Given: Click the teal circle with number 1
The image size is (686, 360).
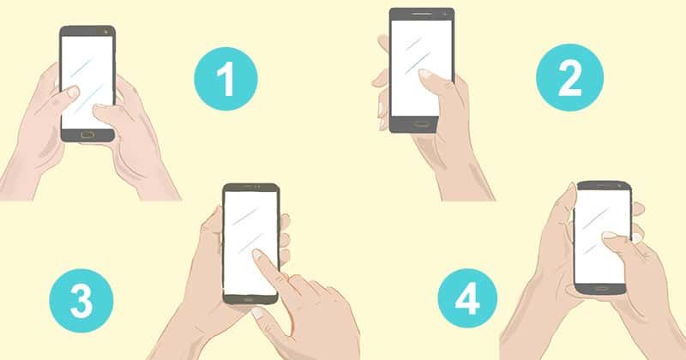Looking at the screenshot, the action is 226,79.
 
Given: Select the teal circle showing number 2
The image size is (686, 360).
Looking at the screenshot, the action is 569,77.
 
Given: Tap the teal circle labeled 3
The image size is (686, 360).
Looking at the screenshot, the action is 81,301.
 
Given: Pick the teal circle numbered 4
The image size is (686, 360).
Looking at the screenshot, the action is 467,298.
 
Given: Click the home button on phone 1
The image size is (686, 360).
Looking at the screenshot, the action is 88,135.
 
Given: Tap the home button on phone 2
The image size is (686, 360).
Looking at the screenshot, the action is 421,124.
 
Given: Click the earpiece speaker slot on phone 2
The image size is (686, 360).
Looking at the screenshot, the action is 421,14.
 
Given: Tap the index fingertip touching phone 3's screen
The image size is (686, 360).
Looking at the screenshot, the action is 258,255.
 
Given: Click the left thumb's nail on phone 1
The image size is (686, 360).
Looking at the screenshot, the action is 72,92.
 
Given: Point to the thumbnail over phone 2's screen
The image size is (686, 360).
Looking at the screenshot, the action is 425,75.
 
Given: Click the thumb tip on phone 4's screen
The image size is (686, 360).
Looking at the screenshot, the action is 609,237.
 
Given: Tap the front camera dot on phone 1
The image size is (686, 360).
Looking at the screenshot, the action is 105,32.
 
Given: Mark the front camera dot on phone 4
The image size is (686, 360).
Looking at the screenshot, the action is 619,186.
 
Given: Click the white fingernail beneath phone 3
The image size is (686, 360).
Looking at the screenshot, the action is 258,313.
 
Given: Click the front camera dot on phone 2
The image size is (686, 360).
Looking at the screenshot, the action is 445,15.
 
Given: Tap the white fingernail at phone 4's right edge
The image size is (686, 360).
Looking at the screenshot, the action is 635,237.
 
